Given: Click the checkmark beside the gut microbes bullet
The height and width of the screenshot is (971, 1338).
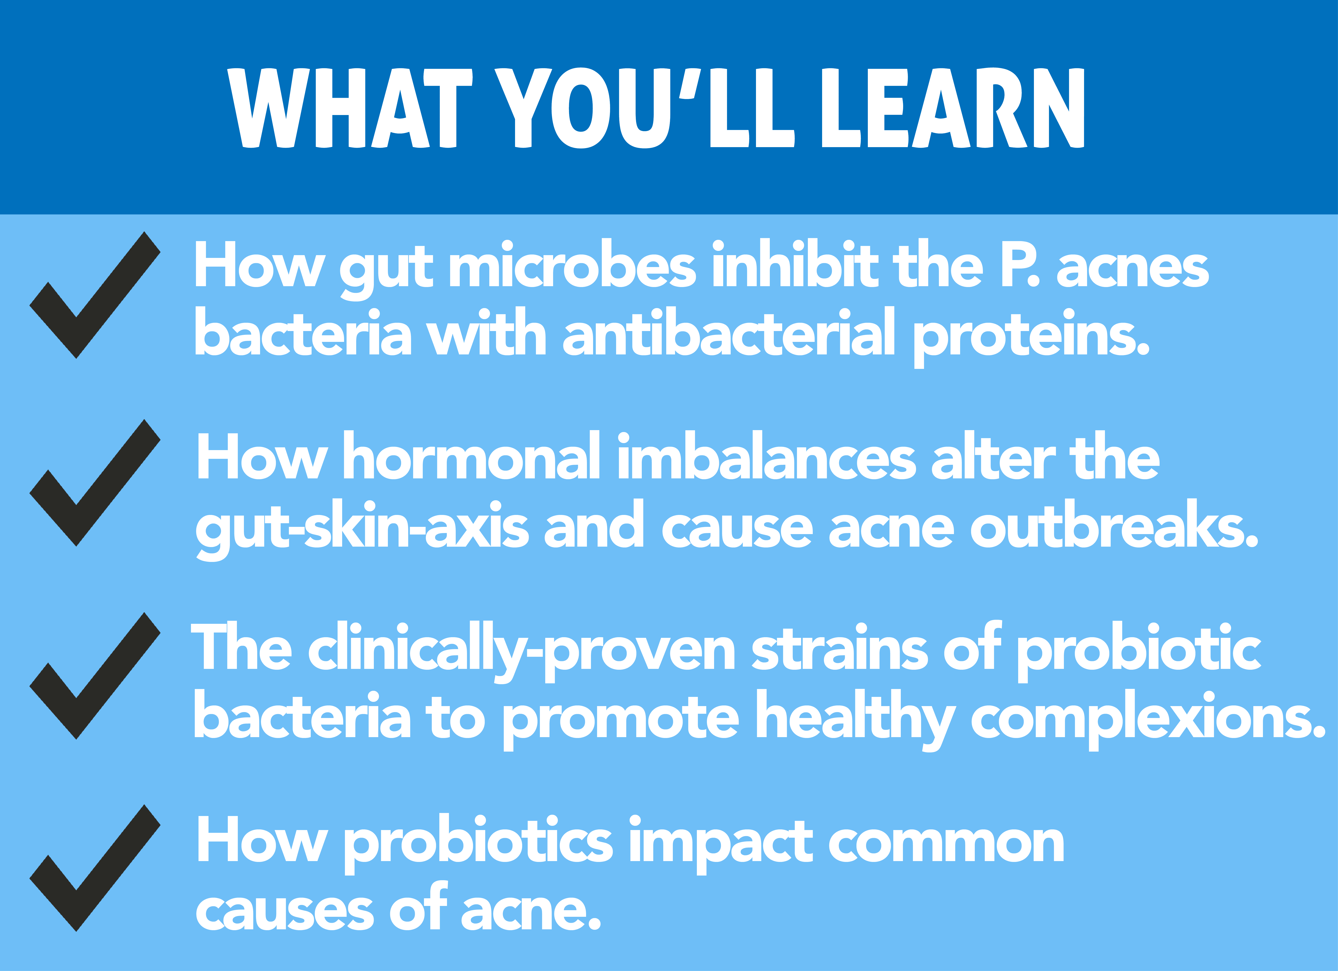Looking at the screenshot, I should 94,295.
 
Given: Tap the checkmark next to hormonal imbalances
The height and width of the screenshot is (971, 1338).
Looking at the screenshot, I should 94,483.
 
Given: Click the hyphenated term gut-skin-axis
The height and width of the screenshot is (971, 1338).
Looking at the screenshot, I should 362,527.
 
